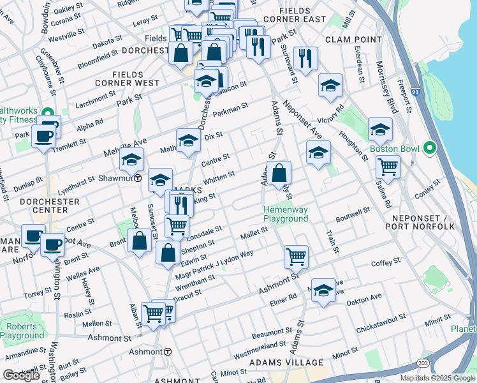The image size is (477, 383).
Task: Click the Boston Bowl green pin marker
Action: pos(429,149)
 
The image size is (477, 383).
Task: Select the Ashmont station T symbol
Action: pos(167,352)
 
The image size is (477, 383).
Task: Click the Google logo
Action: pos(21,375)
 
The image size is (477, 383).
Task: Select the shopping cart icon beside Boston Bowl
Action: pos(388,168)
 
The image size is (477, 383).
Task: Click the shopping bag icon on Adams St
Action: pos(279,172)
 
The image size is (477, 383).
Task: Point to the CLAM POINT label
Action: pos(350,40)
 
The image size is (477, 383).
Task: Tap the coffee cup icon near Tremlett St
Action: pos(44,136)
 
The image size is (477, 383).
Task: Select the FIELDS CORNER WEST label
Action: pos(127,79)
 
